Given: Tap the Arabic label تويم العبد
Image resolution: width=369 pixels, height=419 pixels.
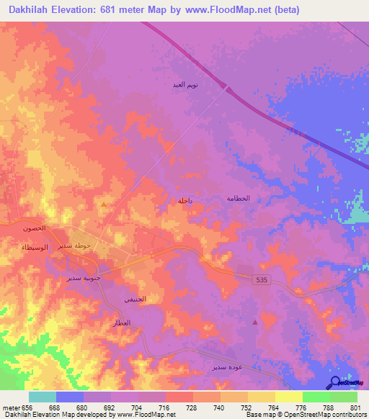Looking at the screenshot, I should [x=185, y=86].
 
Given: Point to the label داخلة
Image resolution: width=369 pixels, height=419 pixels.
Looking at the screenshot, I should [x=185, y=202].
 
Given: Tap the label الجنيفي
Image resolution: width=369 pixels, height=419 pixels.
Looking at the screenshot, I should [x=135, y=299].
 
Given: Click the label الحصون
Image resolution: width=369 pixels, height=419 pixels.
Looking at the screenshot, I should [x=33, y=227].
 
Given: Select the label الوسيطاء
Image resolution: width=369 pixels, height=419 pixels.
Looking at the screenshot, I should [x=35, y=246].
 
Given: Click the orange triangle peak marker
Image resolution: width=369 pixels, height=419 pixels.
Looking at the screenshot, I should [x=104, y=204].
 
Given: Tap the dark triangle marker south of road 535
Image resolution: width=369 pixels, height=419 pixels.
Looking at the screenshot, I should [x=254, y=322].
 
